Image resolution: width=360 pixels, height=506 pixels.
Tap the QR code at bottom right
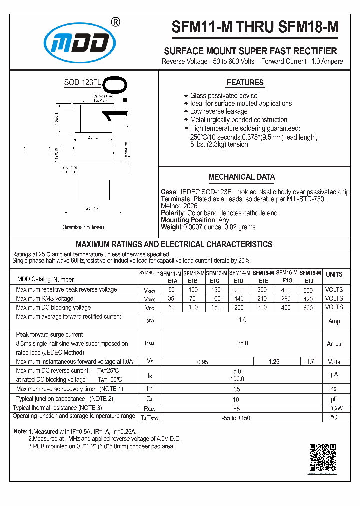[322, 457]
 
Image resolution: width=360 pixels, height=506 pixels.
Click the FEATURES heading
[245, 83]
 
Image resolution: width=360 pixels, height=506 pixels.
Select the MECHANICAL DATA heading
[241, 177]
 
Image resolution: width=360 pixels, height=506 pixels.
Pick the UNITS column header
[334, 274]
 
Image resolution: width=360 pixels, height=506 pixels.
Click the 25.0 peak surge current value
[242, 343]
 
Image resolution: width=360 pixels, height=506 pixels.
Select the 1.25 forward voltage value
[274, 362]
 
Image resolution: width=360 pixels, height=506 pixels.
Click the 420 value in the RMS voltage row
[308, 299]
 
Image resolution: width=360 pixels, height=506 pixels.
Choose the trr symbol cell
[149, 389]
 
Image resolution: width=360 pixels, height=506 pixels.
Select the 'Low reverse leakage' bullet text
[219, 112]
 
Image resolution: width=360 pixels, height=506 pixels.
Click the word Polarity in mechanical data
[172, 213]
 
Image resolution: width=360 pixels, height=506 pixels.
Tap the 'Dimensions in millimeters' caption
[83, 227]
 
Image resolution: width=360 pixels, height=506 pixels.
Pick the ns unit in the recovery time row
[334, 389]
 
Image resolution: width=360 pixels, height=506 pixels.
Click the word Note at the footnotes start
[20, 431]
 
